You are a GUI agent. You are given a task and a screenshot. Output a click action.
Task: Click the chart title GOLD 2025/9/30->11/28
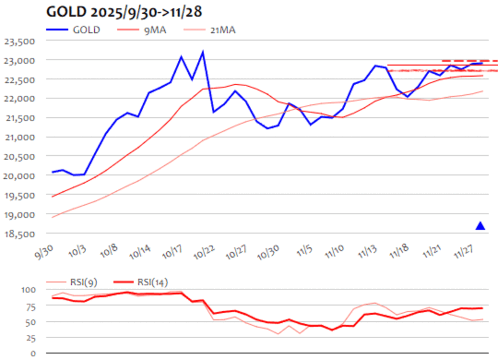(x=124, y=12)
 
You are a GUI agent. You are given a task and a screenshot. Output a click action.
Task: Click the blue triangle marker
(x=480, y=226)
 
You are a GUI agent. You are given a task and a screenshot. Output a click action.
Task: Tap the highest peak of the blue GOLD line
(x=203, y=52)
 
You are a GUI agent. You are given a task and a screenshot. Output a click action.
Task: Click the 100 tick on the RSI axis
(x=28, y=290)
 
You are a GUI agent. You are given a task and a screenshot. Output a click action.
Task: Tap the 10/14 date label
(x=140, y=252)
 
